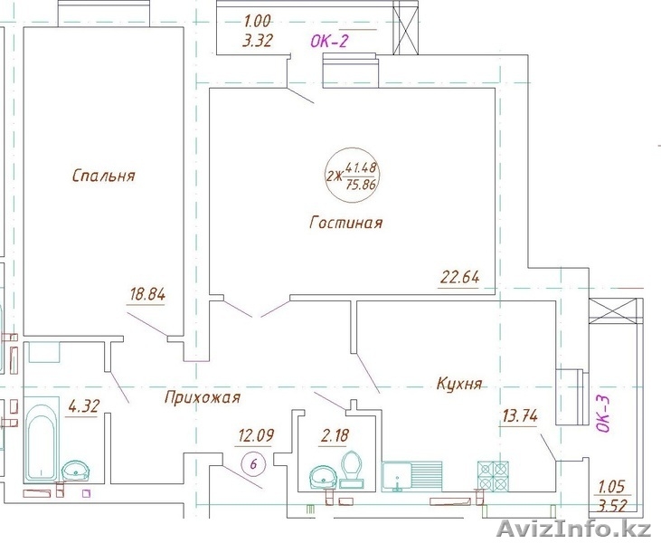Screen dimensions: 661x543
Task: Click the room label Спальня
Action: coord(104,175)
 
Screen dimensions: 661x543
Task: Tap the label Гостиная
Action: coord(346,222)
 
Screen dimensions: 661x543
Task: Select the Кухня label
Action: coord(459,384)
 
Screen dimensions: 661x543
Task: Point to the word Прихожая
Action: coord(203,397)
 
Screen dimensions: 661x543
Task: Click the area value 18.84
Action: coord(147,293)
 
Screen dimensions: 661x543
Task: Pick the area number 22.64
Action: coord(460,277)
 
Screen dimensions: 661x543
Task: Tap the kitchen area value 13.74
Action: coord(520,416)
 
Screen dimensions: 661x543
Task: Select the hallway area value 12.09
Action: coord(256,434)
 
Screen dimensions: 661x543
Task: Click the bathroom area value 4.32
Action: coord(84,406)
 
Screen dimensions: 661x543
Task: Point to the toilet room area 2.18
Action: coord(335,434)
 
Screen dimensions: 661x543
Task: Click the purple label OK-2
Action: coord(330,42)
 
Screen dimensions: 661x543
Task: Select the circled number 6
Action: coord(253,464)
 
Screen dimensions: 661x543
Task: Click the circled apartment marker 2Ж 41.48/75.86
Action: coord(353,175)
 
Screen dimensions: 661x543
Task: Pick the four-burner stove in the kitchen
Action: coord(493,476)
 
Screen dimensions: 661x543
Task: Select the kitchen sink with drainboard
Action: coord(412,476)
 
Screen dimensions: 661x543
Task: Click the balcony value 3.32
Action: coord(257,41)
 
